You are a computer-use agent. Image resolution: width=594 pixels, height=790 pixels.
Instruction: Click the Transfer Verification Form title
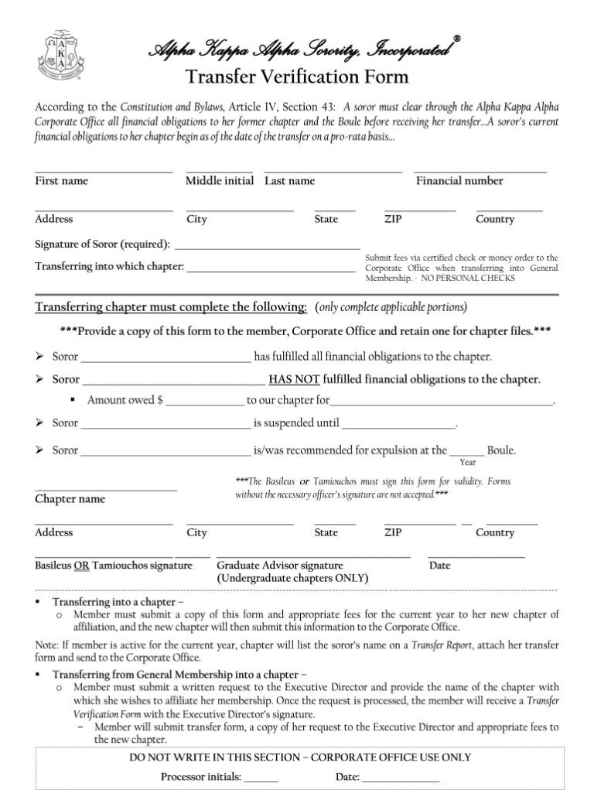297,77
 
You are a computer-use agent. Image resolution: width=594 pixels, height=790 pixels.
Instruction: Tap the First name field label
61,181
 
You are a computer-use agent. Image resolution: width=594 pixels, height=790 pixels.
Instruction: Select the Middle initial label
220,181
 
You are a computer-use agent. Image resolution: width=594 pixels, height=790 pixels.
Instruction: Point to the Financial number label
459,181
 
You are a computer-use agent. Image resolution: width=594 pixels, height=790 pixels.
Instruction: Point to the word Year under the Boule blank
468,463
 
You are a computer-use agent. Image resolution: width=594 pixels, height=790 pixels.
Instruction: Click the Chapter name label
70,499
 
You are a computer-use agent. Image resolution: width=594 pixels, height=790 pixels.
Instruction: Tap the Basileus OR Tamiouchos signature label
114,566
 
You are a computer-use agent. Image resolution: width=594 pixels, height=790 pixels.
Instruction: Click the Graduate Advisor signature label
280,566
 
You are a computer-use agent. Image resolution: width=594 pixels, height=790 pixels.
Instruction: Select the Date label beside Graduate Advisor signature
439,566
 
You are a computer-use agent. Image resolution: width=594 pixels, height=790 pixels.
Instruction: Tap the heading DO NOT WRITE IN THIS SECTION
299,758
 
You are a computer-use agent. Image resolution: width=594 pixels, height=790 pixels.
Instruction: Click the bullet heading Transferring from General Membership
179,674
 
